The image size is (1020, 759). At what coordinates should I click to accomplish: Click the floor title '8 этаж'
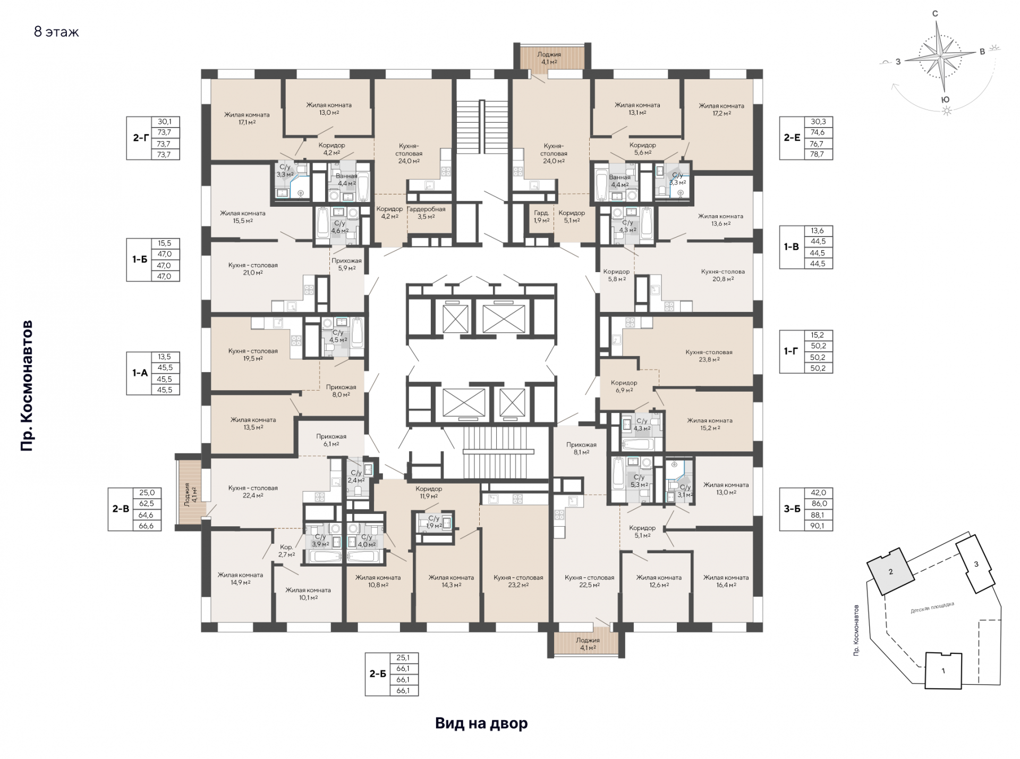[x=56, y=32]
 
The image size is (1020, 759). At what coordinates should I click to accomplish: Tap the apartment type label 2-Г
[x=140, y=138]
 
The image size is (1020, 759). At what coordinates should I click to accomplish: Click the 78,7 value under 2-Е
[x=818, y=154]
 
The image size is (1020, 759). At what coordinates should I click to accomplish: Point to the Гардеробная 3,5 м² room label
[x=426, y=213]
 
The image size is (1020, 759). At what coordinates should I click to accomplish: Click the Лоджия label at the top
[x=549, y=54]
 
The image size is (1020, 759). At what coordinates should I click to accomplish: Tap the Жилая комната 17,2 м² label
[x=721, y=109]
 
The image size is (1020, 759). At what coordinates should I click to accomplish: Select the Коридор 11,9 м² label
[x=429, y=492]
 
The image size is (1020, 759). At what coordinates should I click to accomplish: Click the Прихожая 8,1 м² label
[x=581, y=448]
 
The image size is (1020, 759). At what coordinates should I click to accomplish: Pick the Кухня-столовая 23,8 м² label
[x=709, y=356]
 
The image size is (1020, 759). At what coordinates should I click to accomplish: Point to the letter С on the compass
[x=935, y=14]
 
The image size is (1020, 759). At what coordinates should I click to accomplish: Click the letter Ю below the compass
[x=945, y=99]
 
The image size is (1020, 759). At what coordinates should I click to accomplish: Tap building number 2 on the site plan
[x=891, y=572]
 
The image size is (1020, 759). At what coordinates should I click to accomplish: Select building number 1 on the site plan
[x=943, y=670]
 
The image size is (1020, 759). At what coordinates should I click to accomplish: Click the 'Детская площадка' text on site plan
[x=932, y=608]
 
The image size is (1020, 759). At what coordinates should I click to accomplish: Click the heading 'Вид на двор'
[x=481, y=723]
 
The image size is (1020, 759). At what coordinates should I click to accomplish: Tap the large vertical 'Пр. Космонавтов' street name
[x=27, y=386]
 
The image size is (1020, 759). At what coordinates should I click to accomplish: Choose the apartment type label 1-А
[x=140, y=373]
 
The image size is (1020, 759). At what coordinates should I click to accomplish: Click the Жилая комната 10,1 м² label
[x=308, y=594]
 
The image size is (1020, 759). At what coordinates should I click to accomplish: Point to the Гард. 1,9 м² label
[x=541, y=216]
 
